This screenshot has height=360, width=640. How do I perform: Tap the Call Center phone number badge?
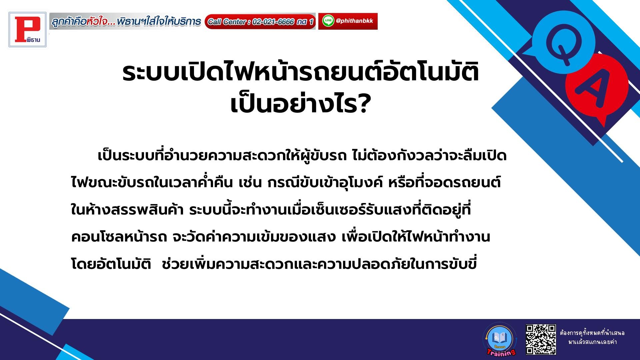point(260,22)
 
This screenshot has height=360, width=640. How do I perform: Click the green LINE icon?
point(328,21)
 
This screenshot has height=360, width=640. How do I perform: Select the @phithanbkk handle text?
point(354,21)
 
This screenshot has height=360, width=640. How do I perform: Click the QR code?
point(541,339)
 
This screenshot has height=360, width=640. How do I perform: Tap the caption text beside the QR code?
point(592,337)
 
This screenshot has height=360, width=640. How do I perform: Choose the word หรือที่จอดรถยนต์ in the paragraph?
point(444,183)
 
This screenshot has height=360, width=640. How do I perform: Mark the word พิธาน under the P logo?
point(33,40)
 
